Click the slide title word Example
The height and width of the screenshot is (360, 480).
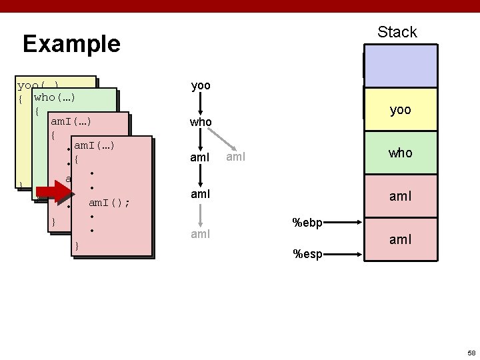[x=71, y=44]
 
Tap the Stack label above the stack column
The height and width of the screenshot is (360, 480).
[x=397, y=32]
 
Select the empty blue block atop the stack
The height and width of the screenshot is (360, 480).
[x=400, y=66]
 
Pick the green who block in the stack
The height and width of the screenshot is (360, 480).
[x=400, y=153]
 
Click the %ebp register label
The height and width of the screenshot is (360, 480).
[x=307, y=223]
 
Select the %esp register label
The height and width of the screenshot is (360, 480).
[x=307, y=253]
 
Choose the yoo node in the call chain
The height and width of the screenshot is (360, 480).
[x=201, y=86]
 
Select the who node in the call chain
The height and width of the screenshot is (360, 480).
[x=201, y=123]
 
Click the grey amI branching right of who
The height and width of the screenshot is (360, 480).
[x=236, y=158]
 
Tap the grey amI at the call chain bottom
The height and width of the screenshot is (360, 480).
[x=201, y=234]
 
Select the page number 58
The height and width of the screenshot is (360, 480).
[x=471, y=351]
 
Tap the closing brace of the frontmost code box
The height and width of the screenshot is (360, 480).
[x=77, y=246]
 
